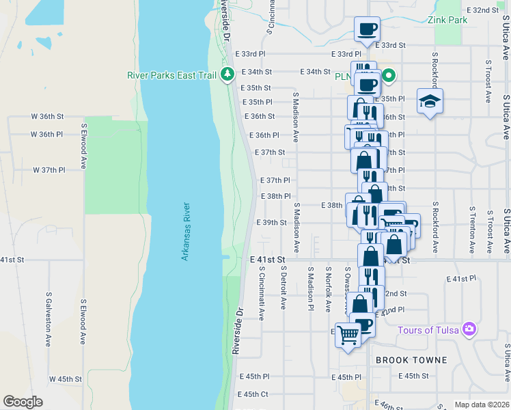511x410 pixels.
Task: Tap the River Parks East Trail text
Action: [x=171, y=74]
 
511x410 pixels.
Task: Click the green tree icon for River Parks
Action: [x=228, y=74]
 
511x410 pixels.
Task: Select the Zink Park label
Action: [x=447, y=20]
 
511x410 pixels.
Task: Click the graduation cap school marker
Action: [x=429, y=102]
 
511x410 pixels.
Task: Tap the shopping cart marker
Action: [x=348, y=335]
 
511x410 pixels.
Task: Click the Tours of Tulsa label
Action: [x=428, y=330]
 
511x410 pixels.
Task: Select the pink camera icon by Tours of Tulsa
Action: [x=469, y=329]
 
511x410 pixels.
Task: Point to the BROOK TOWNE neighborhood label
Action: [x=411, y=360]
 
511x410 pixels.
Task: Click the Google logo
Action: [x=23, y=401]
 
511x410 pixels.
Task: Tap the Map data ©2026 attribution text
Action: [x=481, y=405]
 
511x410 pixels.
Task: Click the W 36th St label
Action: [x=47, y=117]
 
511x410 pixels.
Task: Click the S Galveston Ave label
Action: [x=49, y=318]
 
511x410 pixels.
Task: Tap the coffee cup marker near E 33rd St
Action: [x=367, y=29]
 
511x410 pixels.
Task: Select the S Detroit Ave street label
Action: [x=283, y=287]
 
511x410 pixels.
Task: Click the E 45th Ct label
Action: [x=253, y=394]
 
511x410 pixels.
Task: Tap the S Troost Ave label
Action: [x=488, y=81]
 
